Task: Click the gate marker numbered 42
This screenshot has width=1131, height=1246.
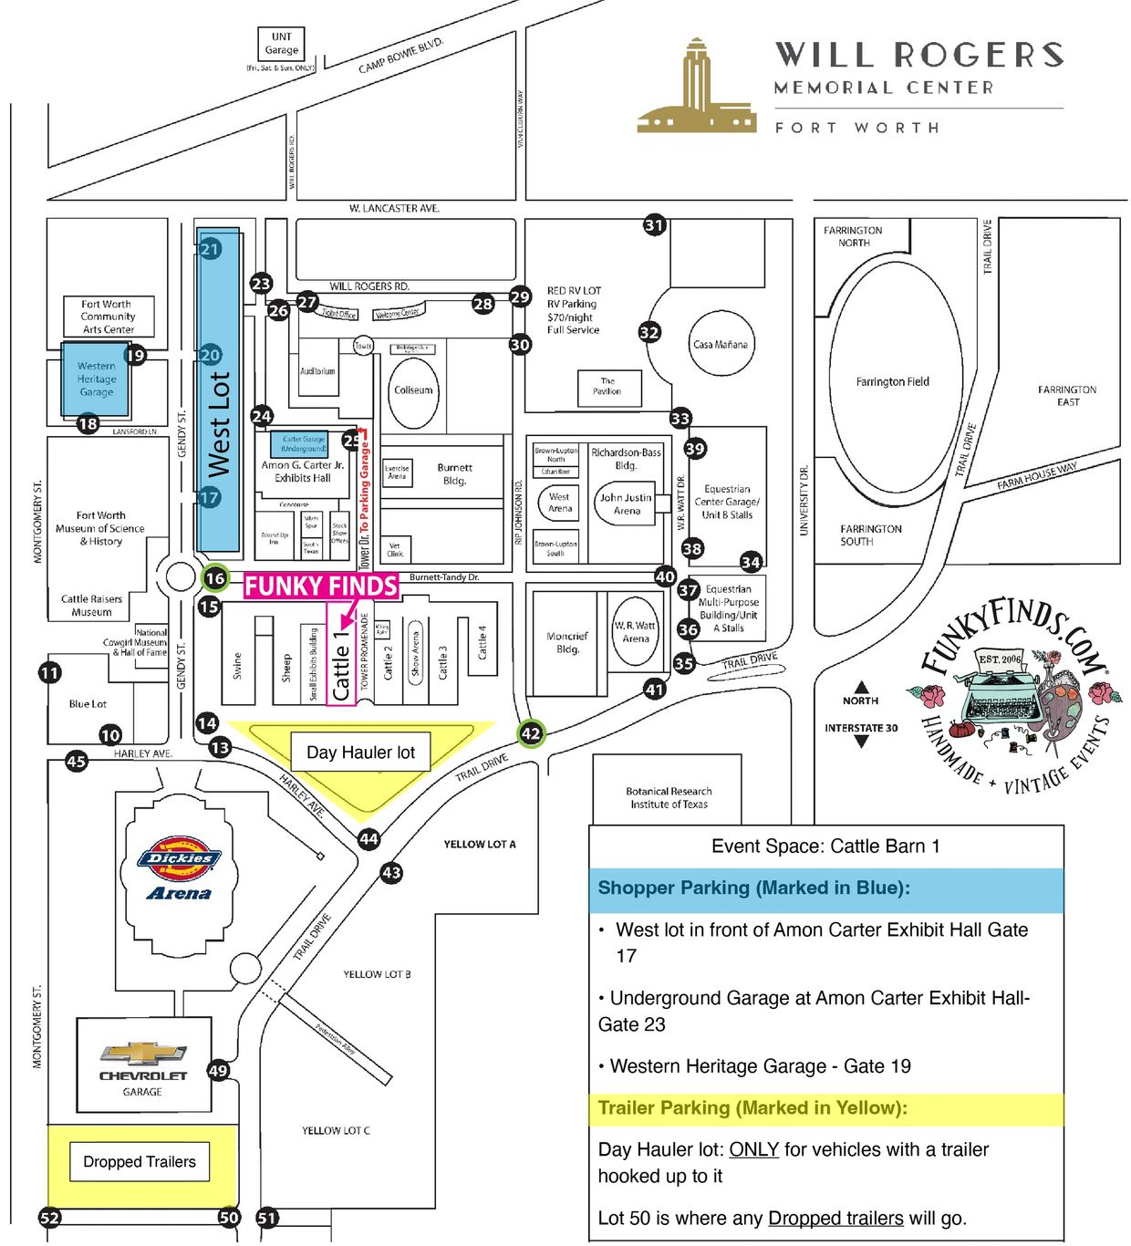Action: click(531, 732)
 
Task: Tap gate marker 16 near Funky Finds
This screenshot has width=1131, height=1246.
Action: click(215, 577)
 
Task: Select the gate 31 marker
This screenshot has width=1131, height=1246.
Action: click(654, 224)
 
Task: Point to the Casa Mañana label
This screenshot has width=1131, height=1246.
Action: click(720, 345)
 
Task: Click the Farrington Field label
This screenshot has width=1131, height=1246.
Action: click(892, 382)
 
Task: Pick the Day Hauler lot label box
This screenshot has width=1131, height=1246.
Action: click(360, 753)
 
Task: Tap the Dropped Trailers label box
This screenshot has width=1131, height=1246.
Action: click(140, 1161)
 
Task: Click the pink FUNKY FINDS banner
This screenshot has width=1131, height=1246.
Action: click(321, 586)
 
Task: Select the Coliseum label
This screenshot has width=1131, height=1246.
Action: click(413, 389)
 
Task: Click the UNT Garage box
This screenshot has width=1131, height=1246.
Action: click(281, 44)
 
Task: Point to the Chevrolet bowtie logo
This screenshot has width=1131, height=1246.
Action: click(142, 1054)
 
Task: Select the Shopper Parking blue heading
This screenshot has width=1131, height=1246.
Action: click(753, 888)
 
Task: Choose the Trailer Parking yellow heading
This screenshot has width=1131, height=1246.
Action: click(752, 1108)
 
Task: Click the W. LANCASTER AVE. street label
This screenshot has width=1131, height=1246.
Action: click(394, 209)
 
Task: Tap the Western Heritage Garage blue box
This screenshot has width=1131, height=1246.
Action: click(96, 379)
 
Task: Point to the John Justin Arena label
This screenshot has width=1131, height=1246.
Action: click(626, 504)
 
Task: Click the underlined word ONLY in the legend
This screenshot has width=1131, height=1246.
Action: click(753, 1149)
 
